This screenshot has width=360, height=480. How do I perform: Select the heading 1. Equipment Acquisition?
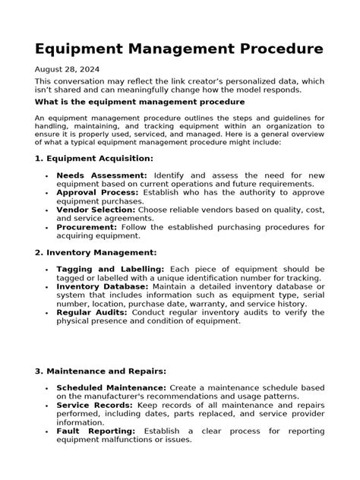coord(94,158)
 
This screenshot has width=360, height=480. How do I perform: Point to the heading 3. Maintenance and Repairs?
coord(101,371)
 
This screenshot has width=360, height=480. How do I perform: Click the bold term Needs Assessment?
coord(102,175)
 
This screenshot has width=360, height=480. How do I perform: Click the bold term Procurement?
coord(85,226)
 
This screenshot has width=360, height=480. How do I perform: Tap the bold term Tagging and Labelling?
coord(110,270)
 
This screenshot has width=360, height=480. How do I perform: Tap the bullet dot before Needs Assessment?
coord(47,176)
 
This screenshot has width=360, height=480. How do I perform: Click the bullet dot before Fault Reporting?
coord(47,431)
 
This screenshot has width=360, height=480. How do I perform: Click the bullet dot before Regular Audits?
coord(47,313)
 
